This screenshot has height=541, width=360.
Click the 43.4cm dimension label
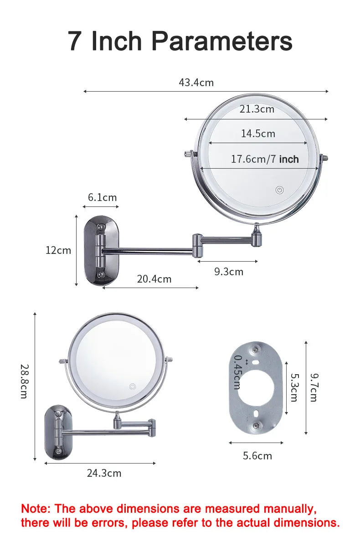(196, 83)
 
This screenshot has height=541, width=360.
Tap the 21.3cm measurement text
(257, 109)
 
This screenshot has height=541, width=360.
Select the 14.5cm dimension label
(258, 134)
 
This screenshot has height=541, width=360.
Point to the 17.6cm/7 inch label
(265, 159)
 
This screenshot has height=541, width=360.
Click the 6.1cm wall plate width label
(102, 197)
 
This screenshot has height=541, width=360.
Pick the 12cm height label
(58, 250)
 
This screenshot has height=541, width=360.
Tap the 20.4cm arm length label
(154, 279)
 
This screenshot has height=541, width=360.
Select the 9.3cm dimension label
(229, 272)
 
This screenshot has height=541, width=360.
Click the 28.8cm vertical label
(24, 381)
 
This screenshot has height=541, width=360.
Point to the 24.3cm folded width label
(104, 473)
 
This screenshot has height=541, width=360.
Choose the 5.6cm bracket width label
(257, 456)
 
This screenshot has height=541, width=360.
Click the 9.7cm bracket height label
(314, 387)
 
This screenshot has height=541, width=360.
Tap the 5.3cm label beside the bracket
(294, 387)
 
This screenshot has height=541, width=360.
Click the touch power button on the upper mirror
(279, 190)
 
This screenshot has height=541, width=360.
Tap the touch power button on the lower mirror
(133, 386)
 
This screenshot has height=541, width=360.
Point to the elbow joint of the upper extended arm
(197, 245)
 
